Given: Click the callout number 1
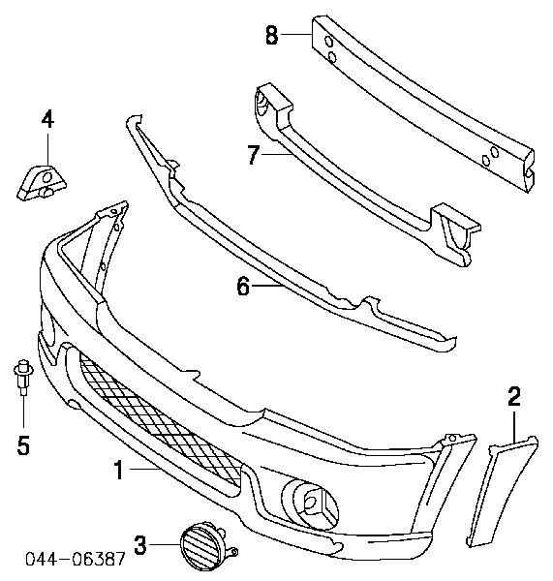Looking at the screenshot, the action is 118,470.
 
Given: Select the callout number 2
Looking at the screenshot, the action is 514,396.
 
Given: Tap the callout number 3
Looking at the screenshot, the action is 140,544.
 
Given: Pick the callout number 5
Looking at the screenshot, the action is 23,445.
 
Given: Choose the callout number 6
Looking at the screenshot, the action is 243,286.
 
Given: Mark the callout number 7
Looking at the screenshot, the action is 254,155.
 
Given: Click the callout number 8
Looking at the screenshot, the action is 271,35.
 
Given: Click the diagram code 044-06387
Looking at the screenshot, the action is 76,559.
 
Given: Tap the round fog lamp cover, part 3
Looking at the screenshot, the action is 203,546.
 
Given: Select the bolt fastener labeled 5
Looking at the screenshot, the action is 23,376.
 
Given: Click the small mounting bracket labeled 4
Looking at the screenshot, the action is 42,183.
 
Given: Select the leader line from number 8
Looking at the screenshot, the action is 295,34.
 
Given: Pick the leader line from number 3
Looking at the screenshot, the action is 165,544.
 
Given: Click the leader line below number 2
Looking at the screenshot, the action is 514,427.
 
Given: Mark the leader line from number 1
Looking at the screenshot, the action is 145,470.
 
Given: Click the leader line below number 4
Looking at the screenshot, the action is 47,149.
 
